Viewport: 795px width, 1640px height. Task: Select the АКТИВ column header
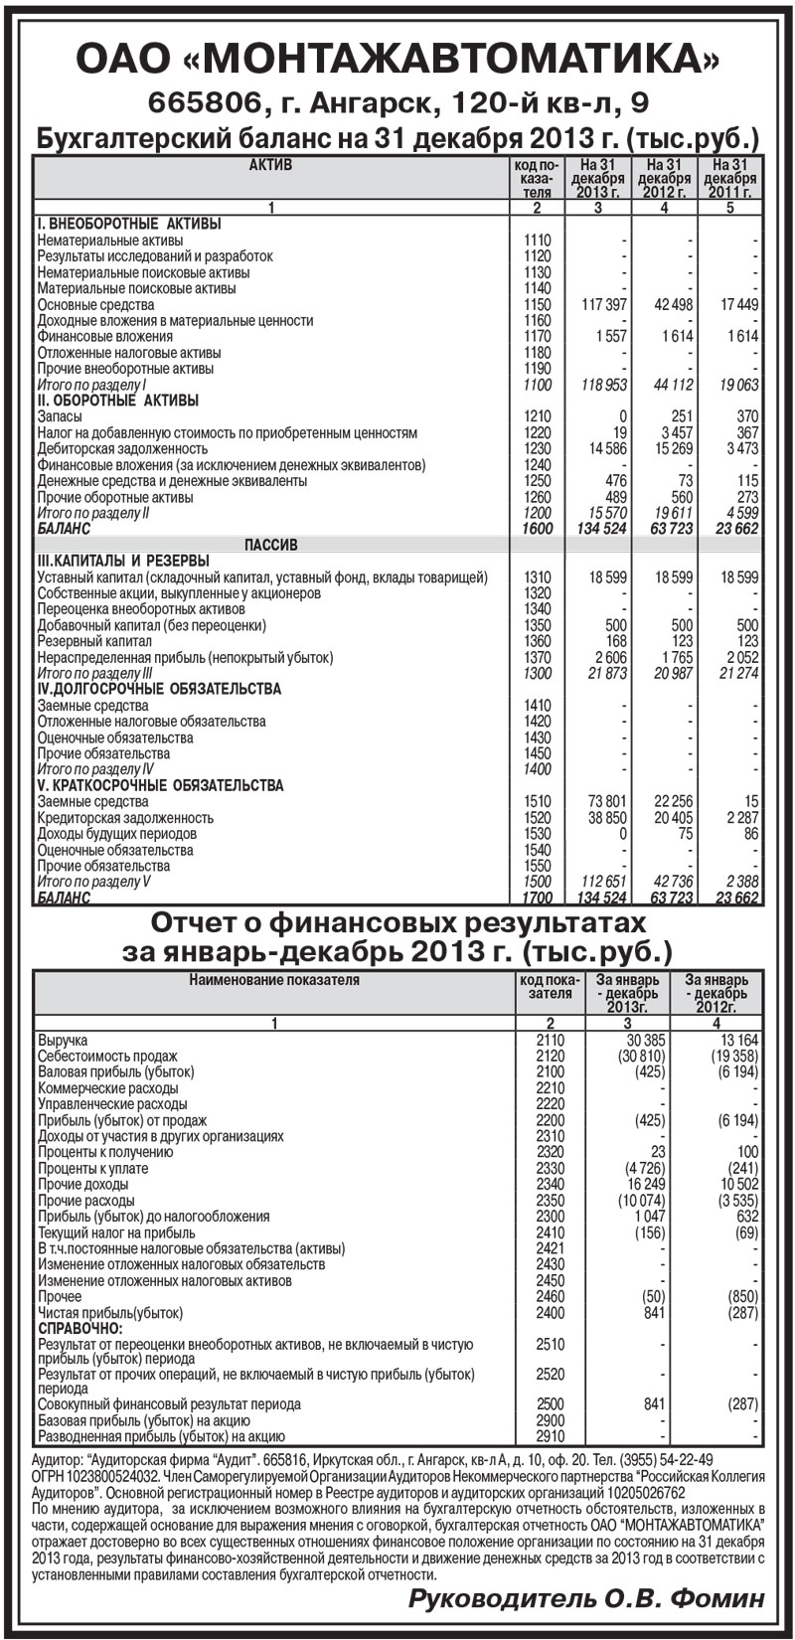pos(270,165)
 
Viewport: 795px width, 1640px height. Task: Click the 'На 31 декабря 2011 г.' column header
pos(729,178)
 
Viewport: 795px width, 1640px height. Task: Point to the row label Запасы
pos(54,416)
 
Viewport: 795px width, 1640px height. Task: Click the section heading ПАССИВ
pos(270,545)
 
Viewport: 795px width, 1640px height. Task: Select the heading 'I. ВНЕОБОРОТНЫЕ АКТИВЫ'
pos(129,224)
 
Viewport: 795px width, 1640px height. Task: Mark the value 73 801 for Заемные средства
pos(605,802)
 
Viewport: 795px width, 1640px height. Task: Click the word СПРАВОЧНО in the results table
pos(80,1328)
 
